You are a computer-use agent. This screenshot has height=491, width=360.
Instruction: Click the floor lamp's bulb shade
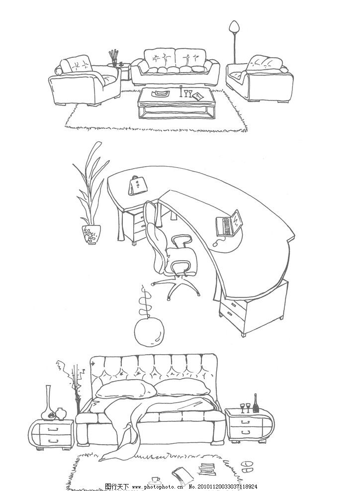pyautogui.click(x=234, y=26)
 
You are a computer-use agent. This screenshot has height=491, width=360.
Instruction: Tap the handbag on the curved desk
pyautogui.click(x=137, y=186)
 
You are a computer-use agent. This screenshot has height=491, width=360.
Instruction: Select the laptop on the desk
pyautogui.click(x=229, y=223)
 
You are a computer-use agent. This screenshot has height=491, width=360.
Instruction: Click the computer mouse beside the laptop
pyautogui.click(x=216, y=244)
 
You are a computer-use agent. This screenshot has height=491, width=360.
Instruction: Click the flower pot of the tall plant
pyautogui.click(x=91, y=234)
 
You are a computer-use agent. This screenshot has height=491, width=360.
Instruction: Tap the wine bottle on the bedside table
pyautogui.click(x=256, y=403)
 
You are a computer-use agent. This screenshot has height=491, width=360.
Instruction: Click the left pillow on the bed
pyautogui.click(x=126, y=389)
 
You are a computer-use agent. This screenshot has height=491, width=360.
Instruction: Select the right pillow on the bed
pyautogui.click(x=182, y=387)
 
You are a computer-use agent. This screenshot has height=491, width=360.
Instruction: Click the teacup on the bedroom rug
pyautogui.click(x=155, y=480)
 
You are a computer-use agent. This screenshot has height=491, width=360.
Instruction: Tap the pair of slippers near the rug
pyautogui.click(x=248, y=467)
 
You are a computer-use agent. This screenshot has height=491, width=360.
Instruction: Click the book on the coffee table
pyautogui.click(x=197, y=96)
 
